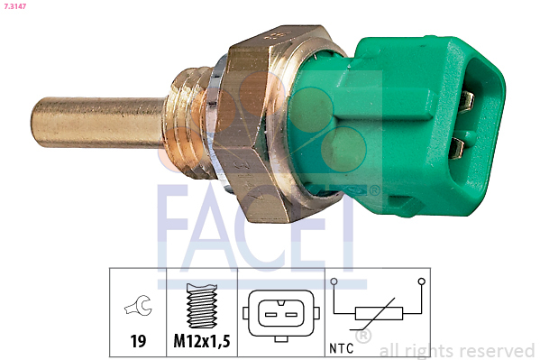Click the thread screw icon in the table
click(204, 307)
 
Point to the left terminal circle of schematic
click(334, 282)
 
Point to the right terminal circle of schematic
click(421, 282)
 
